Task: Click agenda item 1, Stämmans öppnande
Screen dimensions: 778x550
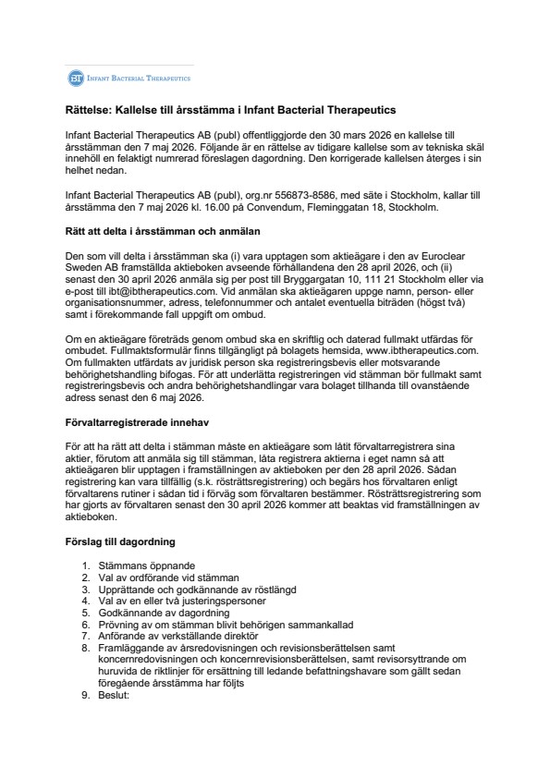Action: (x=151, y=565)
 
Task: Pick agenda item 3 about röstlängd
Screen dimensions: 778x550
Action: (x=181, y=589)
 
